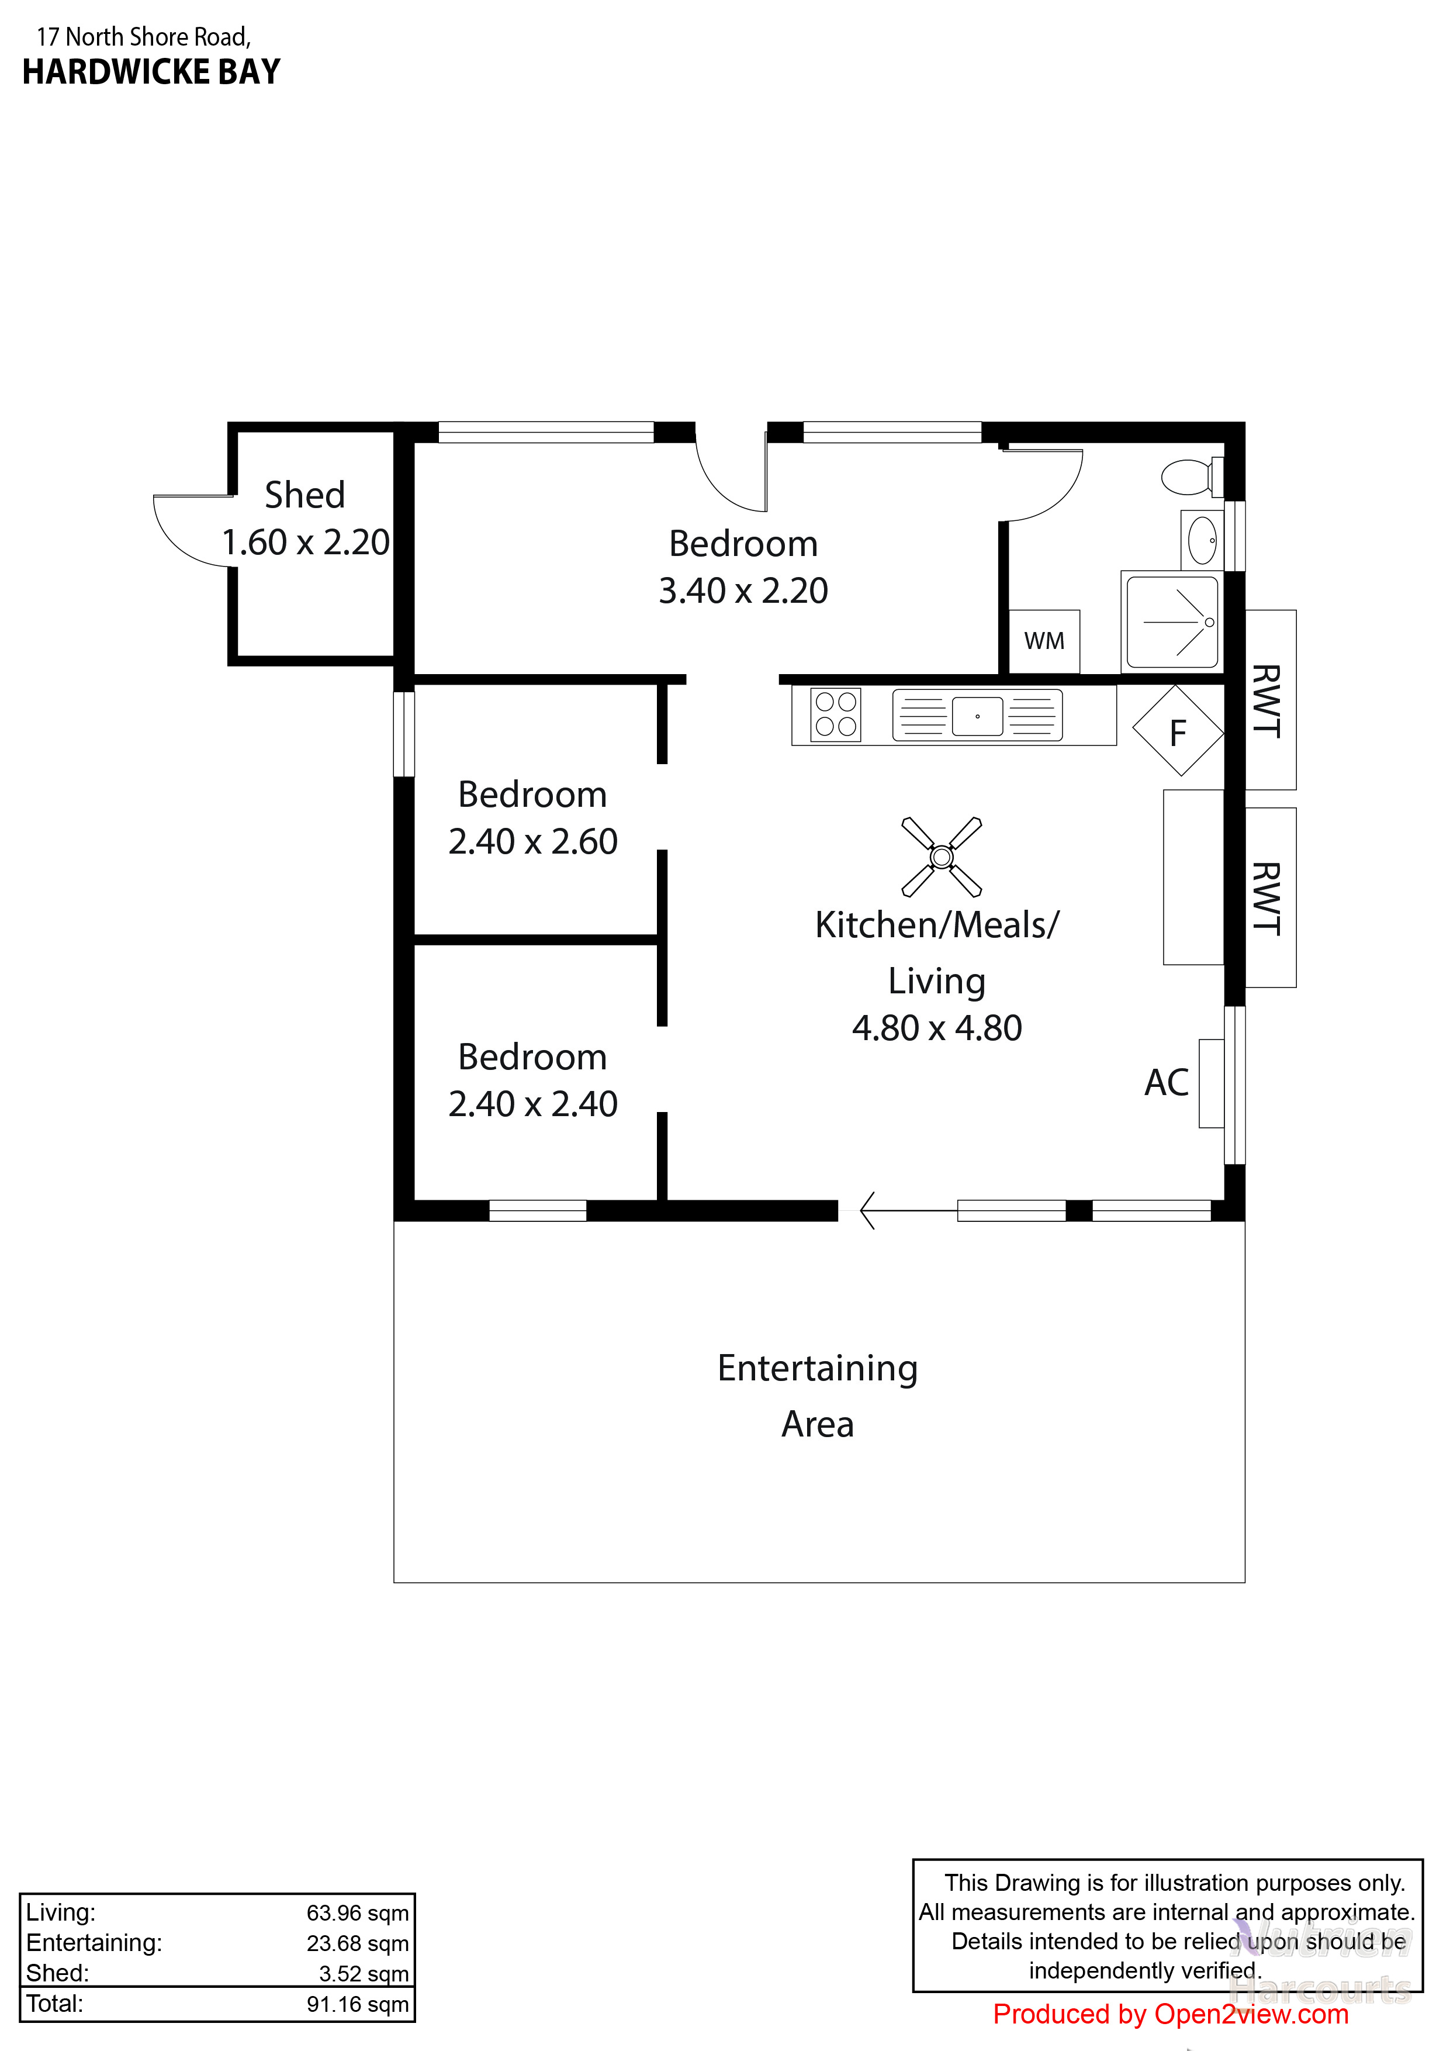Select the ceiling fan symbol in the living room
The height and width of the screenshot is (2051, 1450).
941,857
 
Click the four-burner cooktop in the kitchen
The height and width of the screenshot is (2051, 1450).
836,714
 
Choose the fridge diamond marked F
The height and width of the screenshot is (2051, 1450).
1178,731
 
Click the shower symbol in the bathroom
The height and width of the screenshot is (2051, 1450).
1172,621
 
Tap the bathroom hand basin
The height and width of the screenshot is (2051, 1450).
1202,540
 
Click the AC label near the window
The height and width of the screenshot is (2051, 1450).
1166,1083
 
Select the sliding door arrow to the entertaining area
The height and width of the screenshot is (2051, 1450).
908,1210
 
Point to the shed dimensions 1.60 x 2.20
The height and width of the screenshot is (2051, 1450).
305,542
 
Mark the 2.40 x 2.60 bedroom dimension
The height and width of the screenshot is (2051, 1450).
532,841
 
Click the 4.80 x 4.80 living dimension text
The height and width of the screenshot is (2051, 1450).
937,1028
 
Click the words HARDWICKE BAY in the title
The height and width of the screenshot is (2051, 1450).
151,71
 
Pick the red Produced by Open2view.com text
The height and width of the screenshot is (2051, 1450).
1171,2014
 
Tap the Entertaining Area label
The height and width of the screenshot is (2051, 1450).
817,1396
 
